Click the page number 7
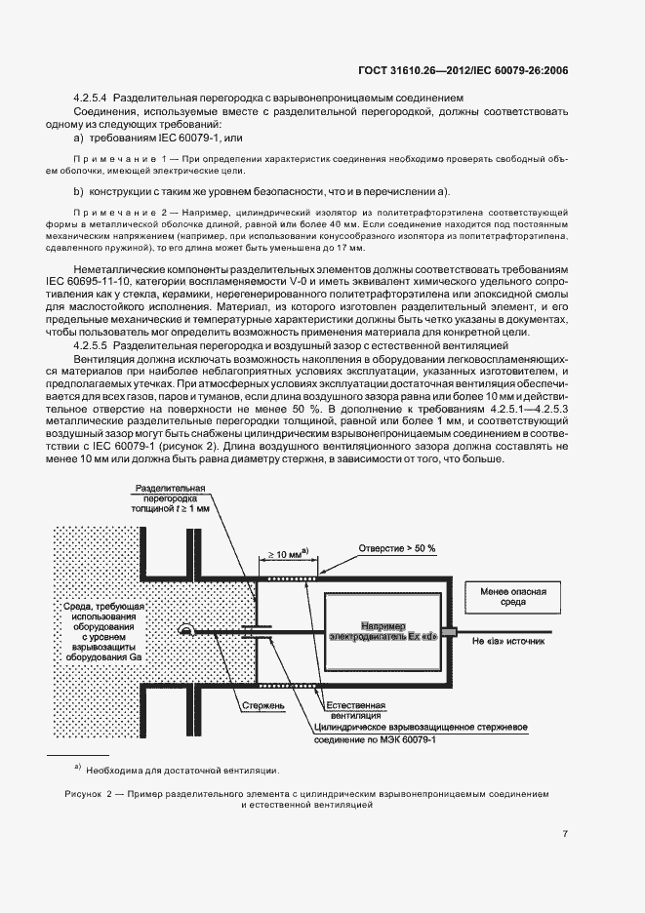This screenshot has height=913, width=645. point(566,833)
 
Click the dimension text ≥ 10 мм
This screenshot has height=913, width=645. point(282,553)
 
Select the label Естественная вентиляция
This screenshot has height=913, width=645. point(356,709)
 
